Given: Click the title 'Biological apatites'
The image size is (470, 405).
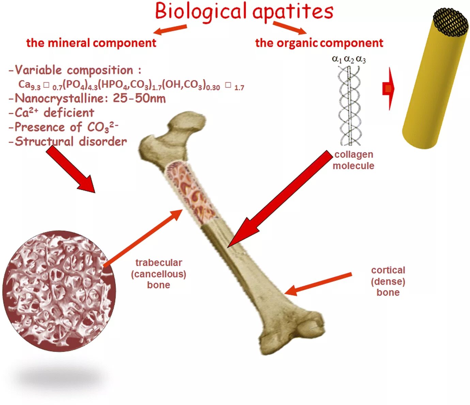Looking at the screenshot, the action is click(244, 12).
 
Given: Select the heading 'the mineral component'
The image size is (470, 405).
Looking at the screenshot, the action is click(91, 43).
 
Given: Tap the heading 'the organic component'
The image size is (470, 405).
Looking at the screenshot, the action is click(319, 43).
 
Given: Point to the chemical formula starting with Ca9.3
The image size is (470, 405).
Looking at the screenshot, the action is click(131, 84).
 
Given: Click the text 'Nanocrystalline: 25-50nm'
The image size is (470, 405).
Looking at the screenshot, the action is click(87, 98).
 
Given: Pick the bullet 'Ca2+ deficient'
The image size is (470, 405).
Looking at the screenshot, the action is click(51, 113).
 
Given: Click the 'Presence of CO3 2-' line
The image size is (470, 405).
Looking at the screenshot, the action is click(63, 127).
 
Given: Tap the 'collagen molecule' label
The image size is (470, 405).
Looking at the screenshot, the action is click(354, 160).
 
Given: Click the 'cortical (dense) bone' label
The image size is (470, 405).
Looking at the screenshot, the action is click(388, 281).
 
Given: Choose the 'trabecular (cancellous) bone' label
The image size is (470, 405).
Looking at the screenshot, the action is click(159, 274).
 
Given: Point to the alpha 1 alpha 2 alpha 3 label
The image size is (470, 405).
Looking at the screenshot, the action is click(349, 59).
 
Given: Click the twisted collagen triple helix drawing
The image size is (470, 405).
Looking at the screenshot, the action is click(349, 106).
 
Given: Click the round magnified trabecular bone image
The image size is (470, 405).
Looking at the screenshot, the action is click(59, 291).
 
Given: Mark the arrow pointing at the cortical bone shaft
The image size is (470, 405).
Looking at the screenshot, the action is click(318, 283).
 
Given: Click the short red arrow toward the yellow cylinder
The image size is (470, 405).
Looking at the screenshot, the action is click(389, 89).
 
